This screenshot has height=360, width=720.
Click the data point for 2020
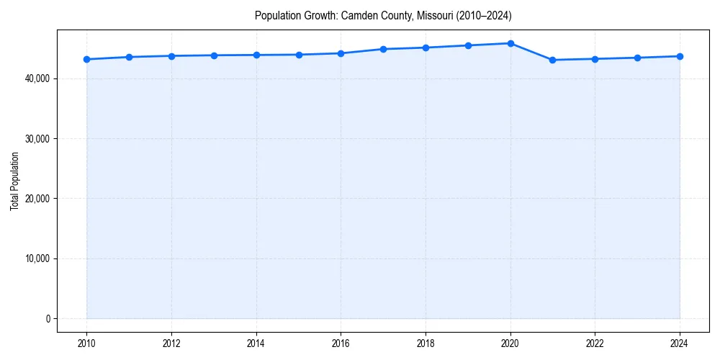click(x=510, y=43)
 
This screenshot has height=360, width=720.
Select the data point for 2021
click(x=552, y=60)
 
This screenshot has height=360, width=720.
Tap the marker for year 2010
click(x=86, y=59)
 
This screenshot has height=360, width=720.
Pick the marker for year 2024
click(x=680, y=56)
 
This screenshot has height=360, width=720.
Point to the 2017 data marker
click(x=383, y=49)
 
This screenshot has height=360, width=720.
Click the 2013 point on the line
click(x=214, y=55)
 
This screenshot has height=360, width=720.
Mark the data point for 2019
click(x=468, y=45)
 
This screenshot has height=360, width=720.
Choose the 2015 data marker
click(x=299, y=55)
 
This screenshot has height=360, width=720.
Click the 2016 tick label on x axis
click(x=341, y=343)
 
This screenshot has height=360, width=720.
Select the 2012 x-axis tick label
click(x=171, y=343)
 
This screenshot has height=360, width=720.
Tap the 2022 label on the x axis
click(x=595, y=343)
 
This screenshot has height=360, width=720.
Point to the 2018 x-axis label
click(x=426, y=343)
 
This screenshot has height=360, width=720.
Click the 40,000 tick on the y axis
click(x=38, y=78)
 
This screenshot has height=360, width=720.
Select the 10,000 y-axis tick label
click(x=38, y=258)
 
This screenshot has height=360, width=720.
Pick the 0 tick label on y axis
click(x=48, y=319)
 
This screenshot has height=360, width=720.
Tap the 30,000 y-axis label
click(x=38, y=138)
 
